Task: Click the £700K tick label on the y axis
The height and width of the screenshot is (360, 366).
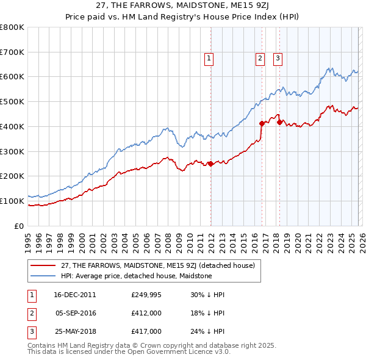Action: [12, 52]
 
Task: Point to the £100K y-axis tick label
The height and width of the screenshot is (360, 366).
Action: [12, 201]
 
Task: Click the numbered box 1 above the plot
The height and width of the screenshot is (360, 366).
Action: [209, 59]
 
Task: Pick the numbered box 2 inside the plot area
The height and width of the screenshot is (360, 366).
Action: [260, 59]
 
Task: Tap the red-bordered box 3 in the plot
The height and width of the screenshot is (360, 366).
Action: [278, 59]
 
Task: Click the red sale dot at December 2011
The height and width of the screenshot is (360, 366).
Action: [210, 164]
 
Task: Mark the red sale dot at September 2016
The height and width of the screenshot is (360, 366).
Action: [262, 123]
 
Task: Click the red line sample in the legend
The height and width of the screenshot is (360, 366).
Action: [43, 265]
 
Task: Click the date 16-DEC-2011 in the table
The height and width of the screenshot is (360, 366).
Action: [75, 294]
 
